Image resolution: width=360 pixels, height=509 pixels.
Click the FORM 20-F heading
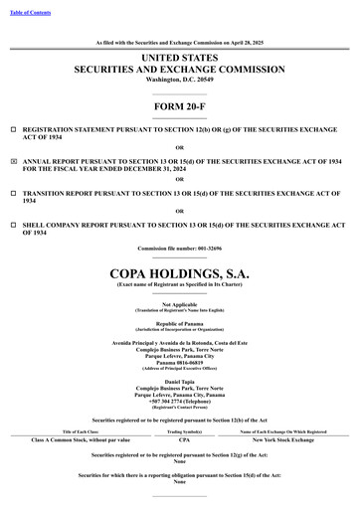pos(179,105)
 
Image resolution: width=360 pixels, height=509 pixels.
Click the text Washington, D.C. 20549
pos(179,80)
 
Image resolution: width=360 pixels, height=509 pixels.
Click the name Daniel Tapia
pos(179,353)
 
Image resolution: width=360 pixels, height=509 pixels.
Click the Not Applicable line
pos(179,304)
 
